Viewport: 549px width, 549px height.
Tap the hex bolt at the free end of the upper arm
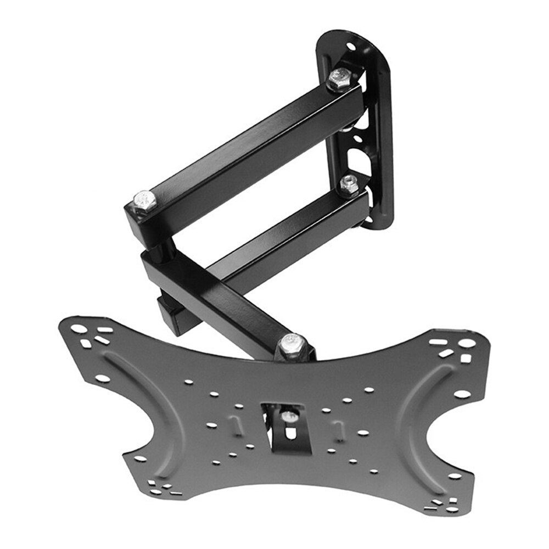144,201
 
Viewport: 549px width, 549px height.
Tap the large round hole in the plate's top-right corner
466,343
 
